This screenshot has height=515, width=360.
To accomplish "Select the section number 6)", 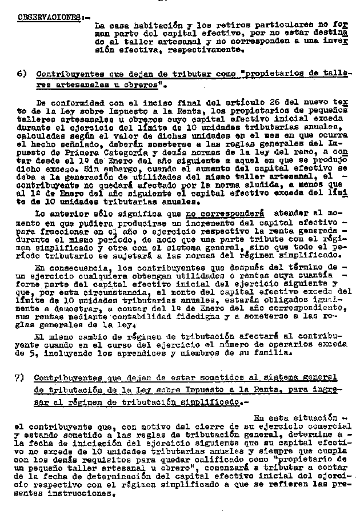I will (x=22, y=75).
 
